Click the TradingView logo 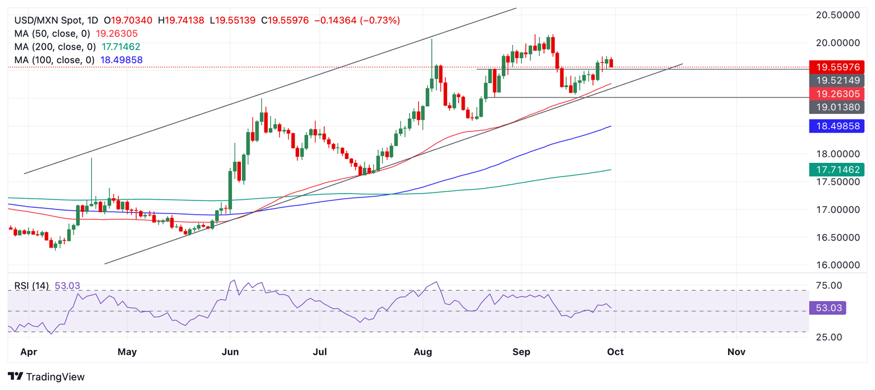click(46, 377)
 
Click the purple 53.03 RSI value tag click(827, 309)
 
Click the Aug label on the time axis click(422, 352)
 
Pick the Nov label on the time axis click(736, 352)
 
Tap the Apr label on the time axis click(28, 352)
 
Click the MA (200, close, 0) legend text click(55, 47)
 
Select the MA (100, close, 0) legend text click(55, 60)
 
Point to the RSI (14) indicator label click(32, 286)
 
